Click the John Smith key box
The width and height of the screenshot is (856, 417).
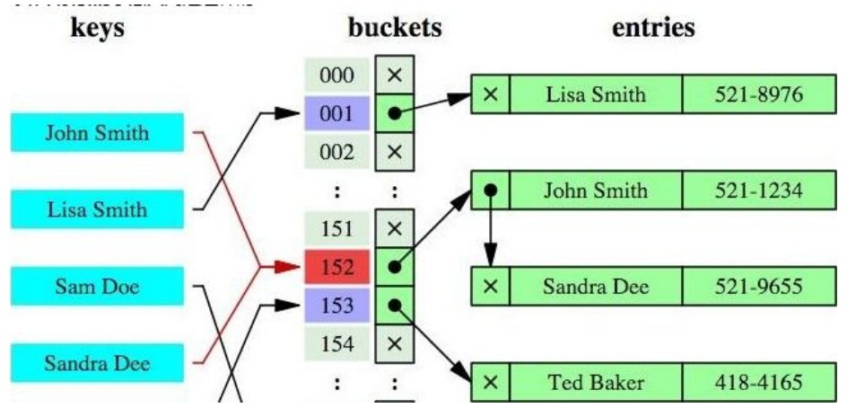pos(97,134)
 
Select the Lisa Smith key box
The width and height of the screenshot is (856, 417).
pos(97,210)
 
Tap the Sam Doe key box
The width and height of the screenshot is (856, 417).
pos(97,288)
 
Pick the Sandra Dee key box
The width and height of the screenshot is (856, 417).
pos(97,364)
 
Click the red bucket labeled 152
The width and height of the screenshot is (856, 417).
pos(336,267)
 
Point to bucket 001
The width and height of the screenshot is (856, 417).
pos(336,114)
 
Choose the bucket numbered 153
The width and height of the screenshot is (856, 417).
pos(336,306)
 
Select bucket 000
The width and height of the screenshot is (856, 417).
pos(336,75)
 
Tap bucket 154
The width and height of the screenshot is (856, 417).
pos(336,344)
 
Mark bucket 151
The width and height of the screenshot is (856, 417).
pos(336,228)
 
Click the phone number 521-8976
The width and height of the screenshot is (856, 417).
pos(758,94)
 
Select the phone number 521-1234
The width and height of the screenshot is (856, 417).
pos(758,191)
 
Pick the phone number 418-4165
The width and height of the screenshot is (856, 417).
pos(758,382)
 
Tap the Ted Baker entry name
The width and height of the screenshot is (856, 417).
pos(596,382)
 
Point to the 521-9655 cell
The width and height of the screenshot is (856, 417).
pos(758,287)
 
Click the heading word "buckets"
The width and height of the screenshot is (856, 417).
pos(395,27)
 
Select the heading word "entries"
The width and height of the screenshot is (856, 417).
pos(653,27)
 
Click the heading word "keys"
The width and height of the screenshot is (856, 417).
pos(97,27)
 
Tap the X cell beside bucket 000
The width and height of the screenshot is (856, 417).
pos(394,75)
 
